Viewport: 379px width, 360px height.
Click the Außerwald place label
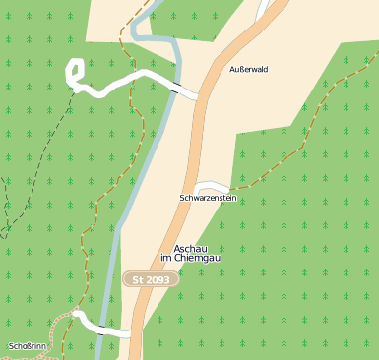(248, 70)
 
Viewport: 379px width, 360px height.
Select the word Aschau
(191, 248)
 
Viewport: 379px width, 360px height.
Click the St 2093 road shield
(152, 280)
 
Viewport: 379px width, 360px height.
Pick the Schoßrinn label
(27, 346)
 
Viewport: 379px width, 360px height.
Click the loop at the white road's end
(74, 72)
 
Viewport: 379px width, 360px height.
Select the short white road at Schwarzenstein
(211, 186)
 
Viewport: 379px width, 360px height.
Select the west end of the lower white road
(76, 315)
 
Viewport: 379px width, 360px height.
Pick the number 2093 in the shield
(158, 280)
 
